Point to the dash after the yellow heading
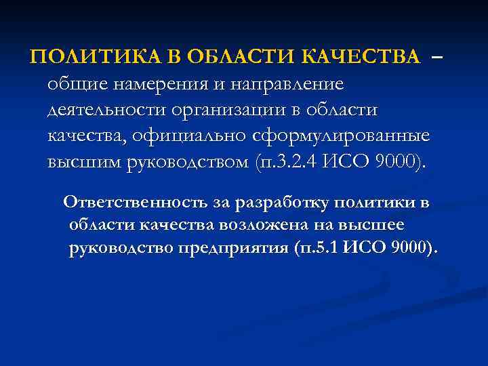pyautogui.click(x=436, y=58)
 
